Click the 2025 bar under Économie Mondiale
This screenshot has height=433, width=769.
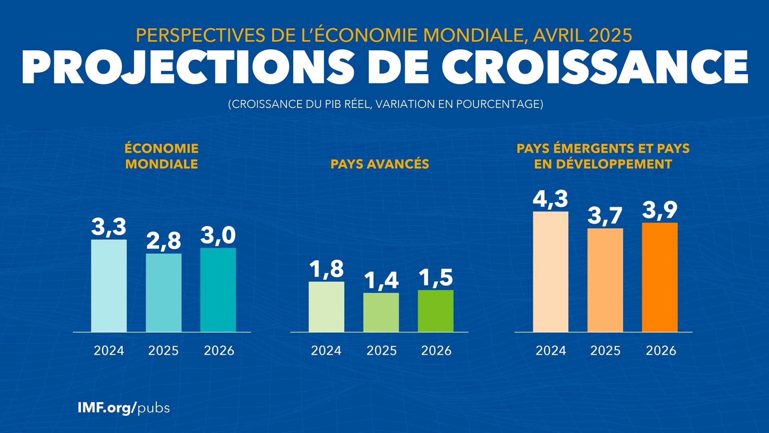(163, 293)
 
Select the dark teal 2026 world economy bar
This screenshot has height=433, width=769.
(218, 290)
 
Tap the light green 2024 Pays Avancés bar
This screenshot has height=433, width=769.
(326, 307)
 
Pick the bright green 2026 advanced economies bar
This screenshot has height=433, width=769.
(436, 311)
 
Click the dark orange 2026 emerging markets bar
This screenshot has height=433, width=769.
(660, 277)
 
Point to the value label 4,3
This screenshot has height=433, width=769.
(550, 199)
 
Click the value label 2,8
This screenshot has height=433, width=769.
(163, 241)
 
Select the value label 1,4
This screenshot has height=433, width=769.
(381, 280)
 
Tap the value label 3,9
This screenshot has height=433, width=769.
(660, 210)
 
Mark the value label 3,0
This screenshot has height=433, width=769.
(218, 235)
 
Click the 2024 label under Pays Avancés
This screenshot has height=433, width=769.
(326, 351)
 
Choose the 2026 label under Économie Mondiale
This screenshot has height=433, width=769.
(219, 351)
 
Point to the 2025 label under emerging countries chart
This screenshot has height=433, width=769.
(605, 351)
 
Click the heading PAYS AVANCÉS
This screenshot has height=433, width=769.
(380, 164)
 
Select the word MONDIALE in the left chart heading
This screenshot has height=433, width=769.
(161, 164)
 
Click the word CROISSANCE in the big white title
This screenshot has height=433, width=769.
(595, 67)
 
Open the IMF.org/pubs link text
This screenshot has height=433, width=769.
(123, 408)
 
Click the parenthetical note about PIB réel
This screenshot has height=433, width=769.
(385, 104)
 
